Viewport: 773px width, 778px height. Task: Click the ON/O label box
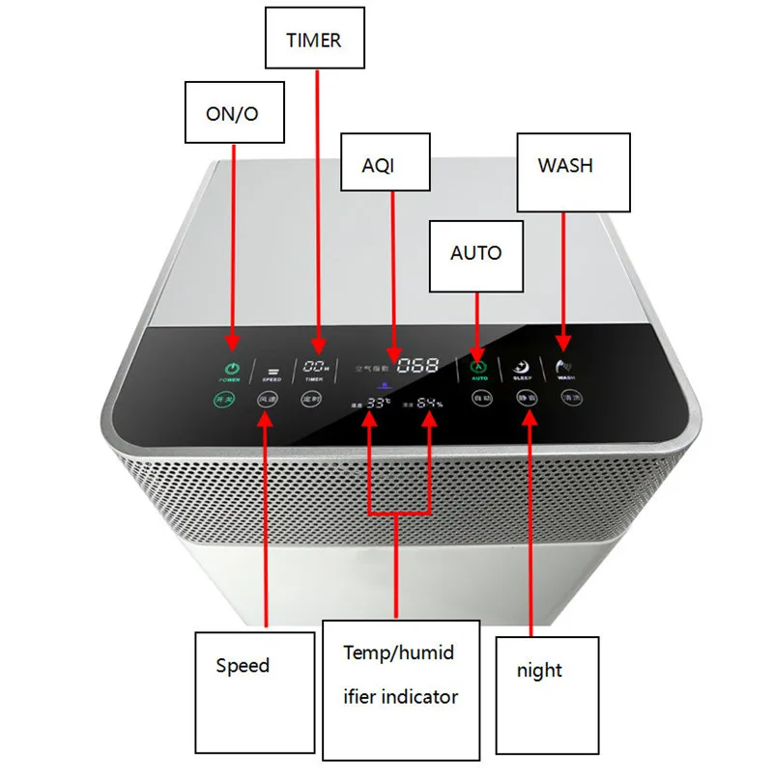click(232, 114)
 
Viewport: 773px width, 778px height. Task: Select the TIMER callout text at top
click(313, 41)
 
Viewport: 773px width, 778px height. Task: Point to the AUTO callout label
click(476, 253)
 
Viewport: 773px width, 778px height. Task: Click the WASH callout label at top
click(565, 165)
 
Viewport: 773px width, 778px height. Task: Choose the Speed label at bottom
click(243, 666)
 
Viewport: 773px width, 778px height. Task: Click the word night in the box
click(539, 670)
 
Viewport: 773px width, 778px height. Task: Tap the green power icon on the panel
click(232, 368)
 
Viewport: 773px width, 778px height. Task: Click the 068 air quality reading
click(417, 366)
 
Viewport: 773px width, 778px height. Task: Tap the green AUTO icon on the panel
click(476, 367)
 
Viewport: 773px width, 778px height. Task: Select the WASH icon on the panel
click(565, 366)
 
